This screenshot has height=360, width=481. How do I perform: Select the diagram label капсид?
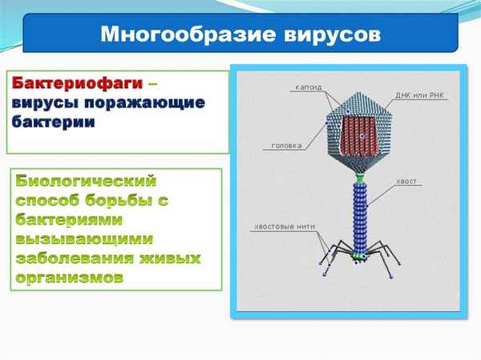point(309,86)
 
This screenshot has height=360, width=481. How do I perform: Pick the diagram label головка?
point(286,146)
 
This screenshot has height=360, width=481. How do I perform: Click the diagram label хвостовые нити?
point(280,225)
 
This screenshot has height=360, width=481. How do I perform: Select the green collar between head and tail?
point(360,176)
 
